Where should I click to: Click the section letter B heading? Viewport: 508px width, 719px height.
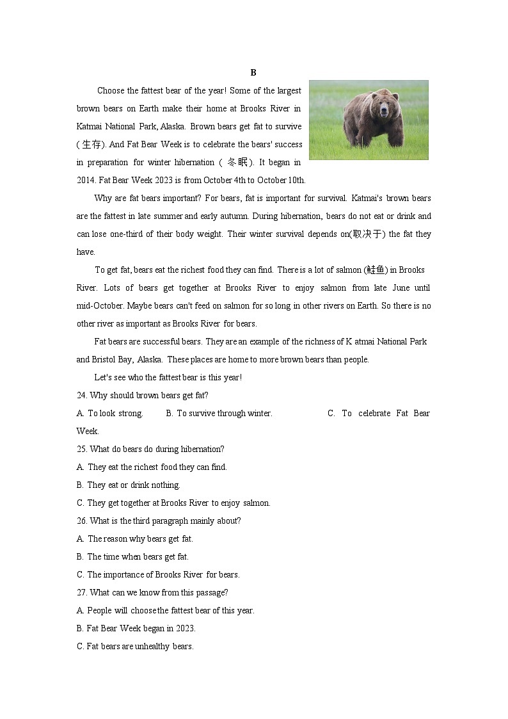point(253,72)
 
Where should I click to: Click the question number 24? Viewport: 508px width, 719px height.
point(82,395)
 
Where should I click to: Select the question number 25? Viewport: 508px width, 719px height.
point(82,449)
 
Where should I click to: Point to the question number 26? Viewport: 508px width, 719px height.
point(82,521)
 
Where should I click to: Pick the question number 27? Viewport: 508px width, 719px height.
point(82,592)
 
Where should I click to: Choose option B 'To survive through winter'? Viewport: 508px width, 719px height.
point(219,413)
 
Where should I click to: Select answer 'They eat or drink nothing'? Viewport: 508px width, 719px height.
point(133,485)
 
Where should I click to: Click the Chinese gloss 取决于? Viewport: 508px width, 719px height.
point(368,234)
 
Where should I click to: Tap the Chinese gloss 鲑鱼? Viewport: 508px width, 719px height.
point(376,270)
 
